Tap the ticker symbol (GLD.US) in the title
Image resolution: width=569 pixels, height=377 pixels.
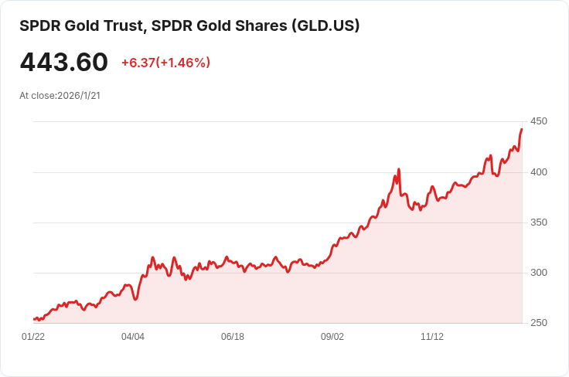pyautogui.click(x=325, y=25)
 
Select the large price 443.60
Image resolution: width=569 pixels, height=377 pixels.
pyautogui.click(x=63, y=62)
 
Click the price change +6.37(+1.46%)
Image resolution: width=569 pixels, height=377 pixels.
pyautogui.click(x=165, y=63)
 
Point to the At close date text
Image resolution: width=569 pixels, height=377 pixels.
pyautogui.click(x=60, y=96)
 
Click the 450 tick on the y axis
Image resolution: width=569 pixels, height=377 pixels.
pyautogui.click(x=539, y=121)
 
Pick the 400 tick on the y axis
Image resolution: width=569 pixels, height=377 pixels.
pyautogui.click(x=539, y=172)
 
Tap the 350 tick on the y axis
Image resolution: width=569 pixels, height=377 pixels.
pyautogui.click(x=539, y=222)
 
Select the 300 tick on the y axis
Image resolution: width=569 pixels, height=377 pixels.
pyautogui.click(x=539, y=273)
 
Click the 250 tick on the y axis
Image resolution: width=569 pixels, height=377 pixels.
pyautogui.click(x=539, y=323)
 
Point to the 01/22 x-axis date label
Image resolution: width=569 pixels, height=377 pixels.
pyautogui.click(x=33, y=337)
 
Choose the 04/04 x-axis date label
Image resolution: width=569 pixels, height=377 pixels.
pyautogui.click(x=133, y=337)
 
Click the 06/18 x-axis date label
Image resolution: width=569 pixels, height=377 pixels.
pyautogui.click(x=233, y=337)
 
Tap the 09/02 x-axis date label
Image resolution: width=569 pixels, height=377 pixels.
pyautogui.click(x=332, y=337)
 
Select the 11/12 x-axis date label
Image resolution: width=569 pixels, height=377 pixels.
pyautogui.click(x=432, y=337)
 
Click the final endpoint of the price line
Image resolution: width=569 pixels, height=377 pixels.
pyautogui.click(x=522, y=129)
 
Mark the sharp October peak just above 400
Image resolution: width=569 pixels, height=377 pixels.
pyautogui.click(x=398, y=169)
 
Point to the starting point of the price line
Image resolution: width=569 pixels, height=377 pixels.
pyautogui.click(x=34, y=318)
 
